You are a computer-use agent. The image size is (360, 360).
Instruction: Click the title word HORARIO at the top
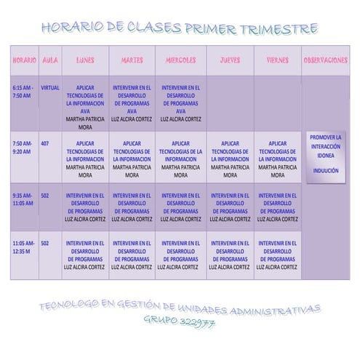click(x=72, y=29)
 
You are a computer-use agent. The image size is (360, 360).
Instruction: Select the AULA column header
click(x=49, y=60)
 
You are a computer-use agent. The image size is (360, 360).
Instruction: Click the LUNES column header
click(x=85, y=60)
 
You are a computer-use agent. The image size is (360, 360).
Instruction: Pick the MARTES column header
click(x=132, y=60)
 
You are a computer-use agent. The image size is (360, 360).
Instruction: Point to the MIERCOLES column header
click(x=180, y=60)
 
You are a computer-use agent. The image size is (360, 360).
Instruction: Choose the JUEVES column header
click(x=230, y=60)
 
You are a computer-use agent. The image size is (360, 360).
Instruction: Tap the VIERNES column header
click(x=277, y=60)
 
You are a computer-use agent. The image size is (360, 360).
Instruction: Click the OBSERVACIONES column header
click(x=325, y=60)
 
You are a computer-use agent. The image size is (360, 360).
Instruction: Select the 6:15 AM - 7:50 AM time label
click(x=23, y=91)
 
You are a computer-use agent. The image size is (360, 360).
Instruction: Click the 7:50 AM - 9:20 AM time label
click(x=23, y=148)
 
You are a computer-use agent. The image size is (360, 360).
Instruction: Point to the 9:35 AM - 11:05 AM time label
click(x=23, y=199)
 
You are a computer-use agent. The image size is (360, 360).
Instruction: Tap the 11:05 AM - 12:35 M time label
click(x=23, y=247)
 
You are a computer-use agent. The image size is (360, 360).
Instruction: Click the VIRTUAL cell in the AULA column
click(x=49, y=87)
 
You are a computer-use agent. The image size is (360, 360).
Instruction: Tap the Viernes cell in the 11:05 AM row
click(x=277, y=255)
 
